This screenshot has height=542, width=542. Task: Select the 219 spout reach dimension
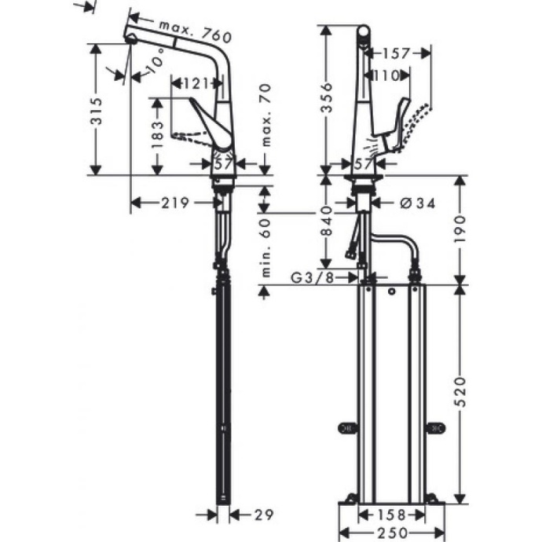pos(174,203)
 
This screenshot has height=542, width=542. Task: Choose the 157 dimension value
pos(397,53)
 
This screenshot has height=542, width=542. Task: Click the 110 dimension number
pos(384,75)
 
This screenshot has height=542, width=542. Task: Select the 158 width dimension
pos(391,515)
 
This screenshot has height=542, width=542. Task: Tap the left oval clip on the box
pos(346,427)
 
